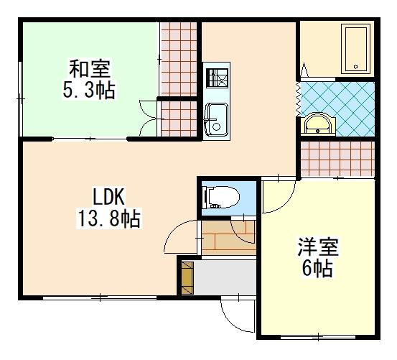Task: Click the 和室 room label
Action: [90, 69]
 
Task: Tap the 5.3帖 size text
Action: [89, 90]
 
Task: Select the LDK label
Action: [109, 197]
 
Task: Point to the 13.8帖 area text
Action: [109, 218]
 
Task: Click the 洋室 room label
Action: [318, 247]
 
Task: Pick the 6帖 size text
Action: [317, 269]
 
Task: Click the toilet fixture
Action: [222, 197]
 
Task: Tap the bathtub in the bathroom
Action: [357, 49]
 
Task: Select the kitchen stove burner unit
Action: [217, 78]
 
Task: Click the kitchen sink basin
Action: [217, 119]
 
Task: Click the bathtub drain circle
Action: [356, 67]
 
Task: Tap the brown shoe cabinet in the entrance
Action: [187, 278]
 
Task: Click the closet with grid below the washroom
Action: [337, 159]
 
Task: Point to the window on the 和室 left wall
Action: [21, 99]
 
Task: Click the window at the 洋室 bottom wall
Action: [318, 337]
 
